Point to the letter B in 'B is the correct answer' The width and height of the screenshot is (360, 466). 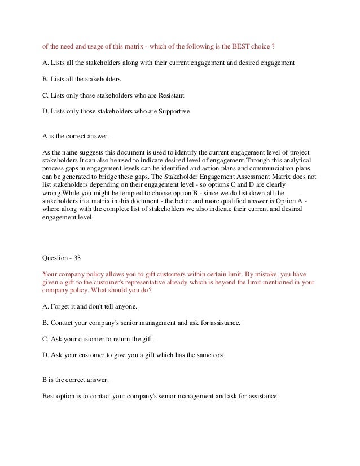coord(45,381)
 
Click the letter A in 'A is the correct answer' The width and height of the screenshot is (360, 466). coord(45,136)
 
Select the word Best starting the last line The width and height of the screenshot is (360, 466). coord(50,395)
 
